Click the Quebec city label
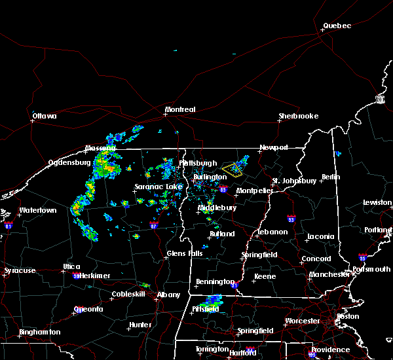[337, 26]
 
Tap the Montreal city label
[180, 109]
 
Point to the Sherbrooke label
[298, 116]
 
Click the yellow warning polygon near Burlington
[232, 171]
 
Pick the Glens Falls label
[185, 253]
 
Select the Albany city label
[169, 295]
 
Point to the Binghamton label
[39, 332]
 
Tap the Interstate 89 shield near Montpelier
[223, 190]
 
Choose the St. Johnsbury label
[294, 180]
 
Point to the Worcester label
[302, 321]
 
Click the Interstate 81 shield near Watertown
[9, 225]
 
